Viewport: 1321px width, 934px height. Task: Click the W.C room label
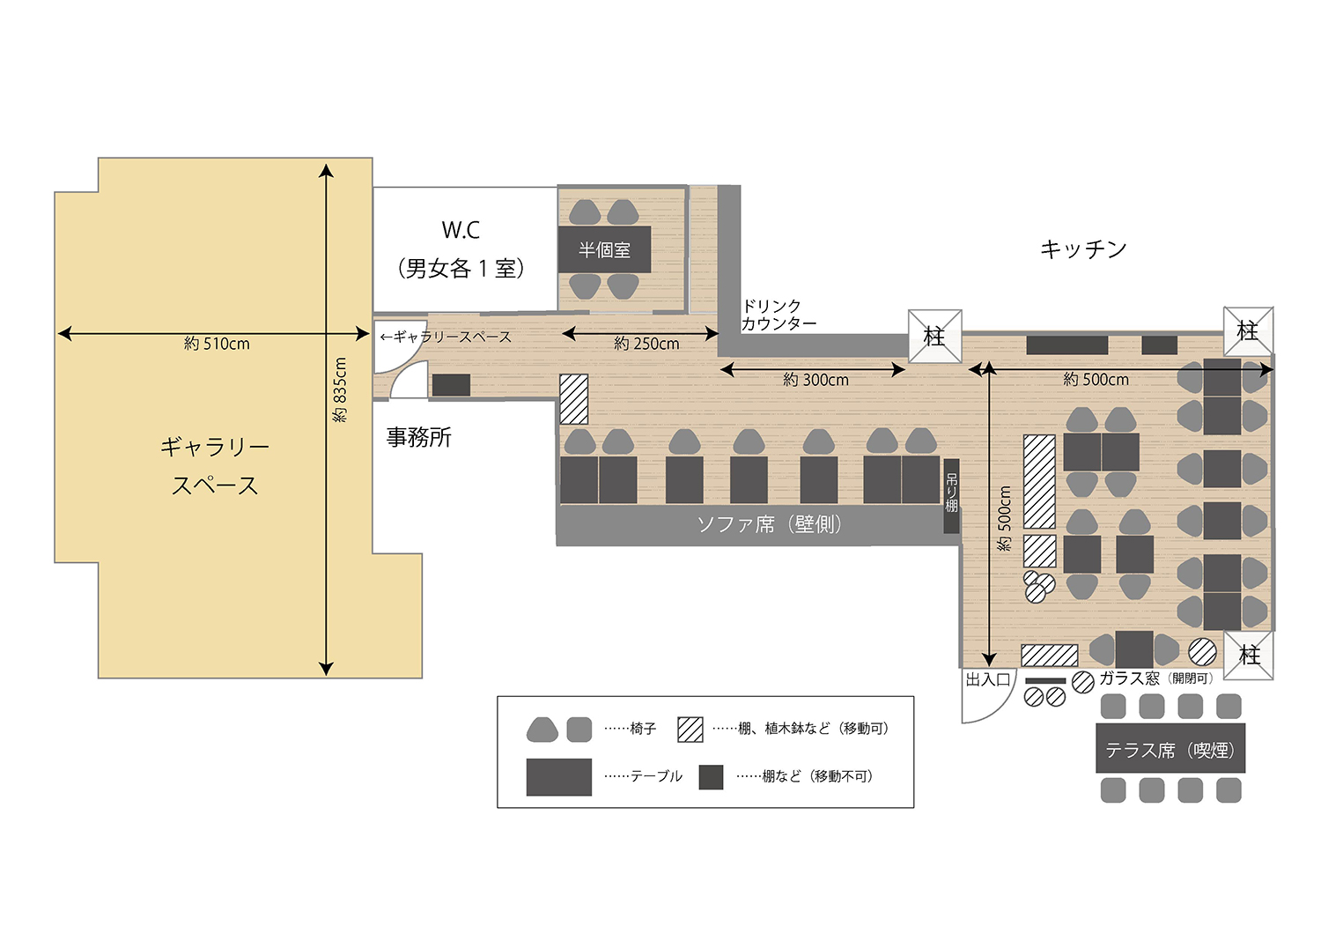coord(461,231)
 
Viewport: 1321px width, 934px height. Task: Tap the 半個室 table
coord(605,249)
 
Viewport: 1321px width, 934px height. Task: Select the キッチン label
coord(1083,249)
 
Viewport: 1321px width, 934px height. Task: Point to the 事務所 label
coord(419,437)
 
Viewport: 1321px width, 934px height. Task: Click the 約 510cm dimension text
coord(217,344)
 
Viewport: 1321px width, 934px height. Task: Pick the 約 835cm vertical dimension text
coord(341,389)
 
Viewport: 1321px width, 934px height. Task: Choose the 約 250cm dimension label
coord(646,344)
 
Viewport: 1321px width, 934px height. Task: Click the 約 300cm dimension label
coord(815,380)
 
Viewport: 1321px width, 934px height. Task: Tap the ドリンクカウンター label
coord(779,315)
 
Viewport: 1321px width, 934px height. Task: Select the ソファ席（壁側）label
coord(771,525)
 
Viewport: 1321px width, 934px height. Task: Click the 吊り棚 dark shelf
coord(951,495)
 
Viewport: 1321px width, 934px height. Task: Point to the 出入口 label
coord(987,679)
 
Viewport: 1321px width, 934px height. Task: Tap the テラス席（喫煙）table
coord(1170,750)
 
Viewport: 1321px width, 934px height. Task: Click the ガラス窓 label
coord(1130,678)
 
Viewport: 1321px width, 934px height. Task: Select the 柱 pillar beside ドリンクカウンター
coord(934,336)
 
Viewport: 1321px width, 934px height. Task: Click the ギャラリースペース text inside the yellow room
coord(215,466)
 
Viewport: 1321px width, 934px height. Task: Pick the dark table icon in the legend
coord(558,776)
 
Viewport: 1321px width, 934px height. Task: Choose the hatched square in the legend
coord(690,729)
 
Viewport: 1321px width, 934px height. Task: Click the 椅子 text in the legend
coord(643,729)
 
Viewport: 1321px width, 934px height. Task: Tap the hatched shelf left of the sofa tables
coord(574,399)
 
